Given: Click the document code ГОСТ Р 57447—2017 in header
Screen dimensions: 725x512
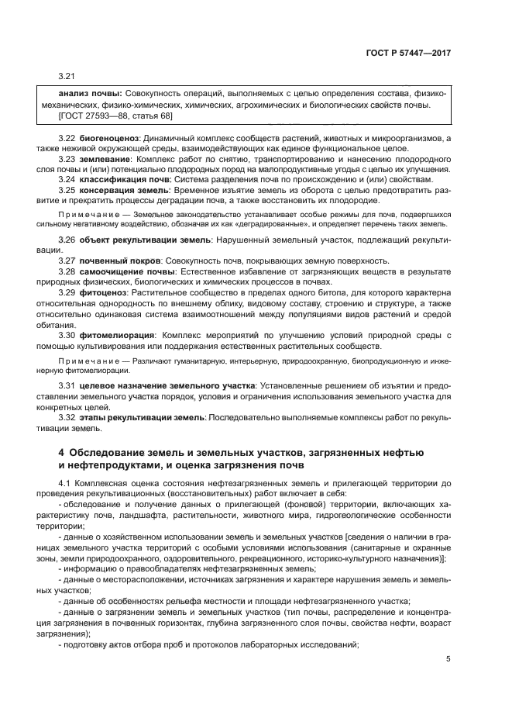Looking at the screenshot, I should coord(409,54).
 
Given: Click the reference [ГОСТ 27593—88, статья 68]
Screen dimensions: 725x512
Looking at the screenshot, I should coord(115,116).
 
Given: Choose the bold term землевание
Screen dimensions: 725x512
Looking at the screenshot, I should coord(101,158).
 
